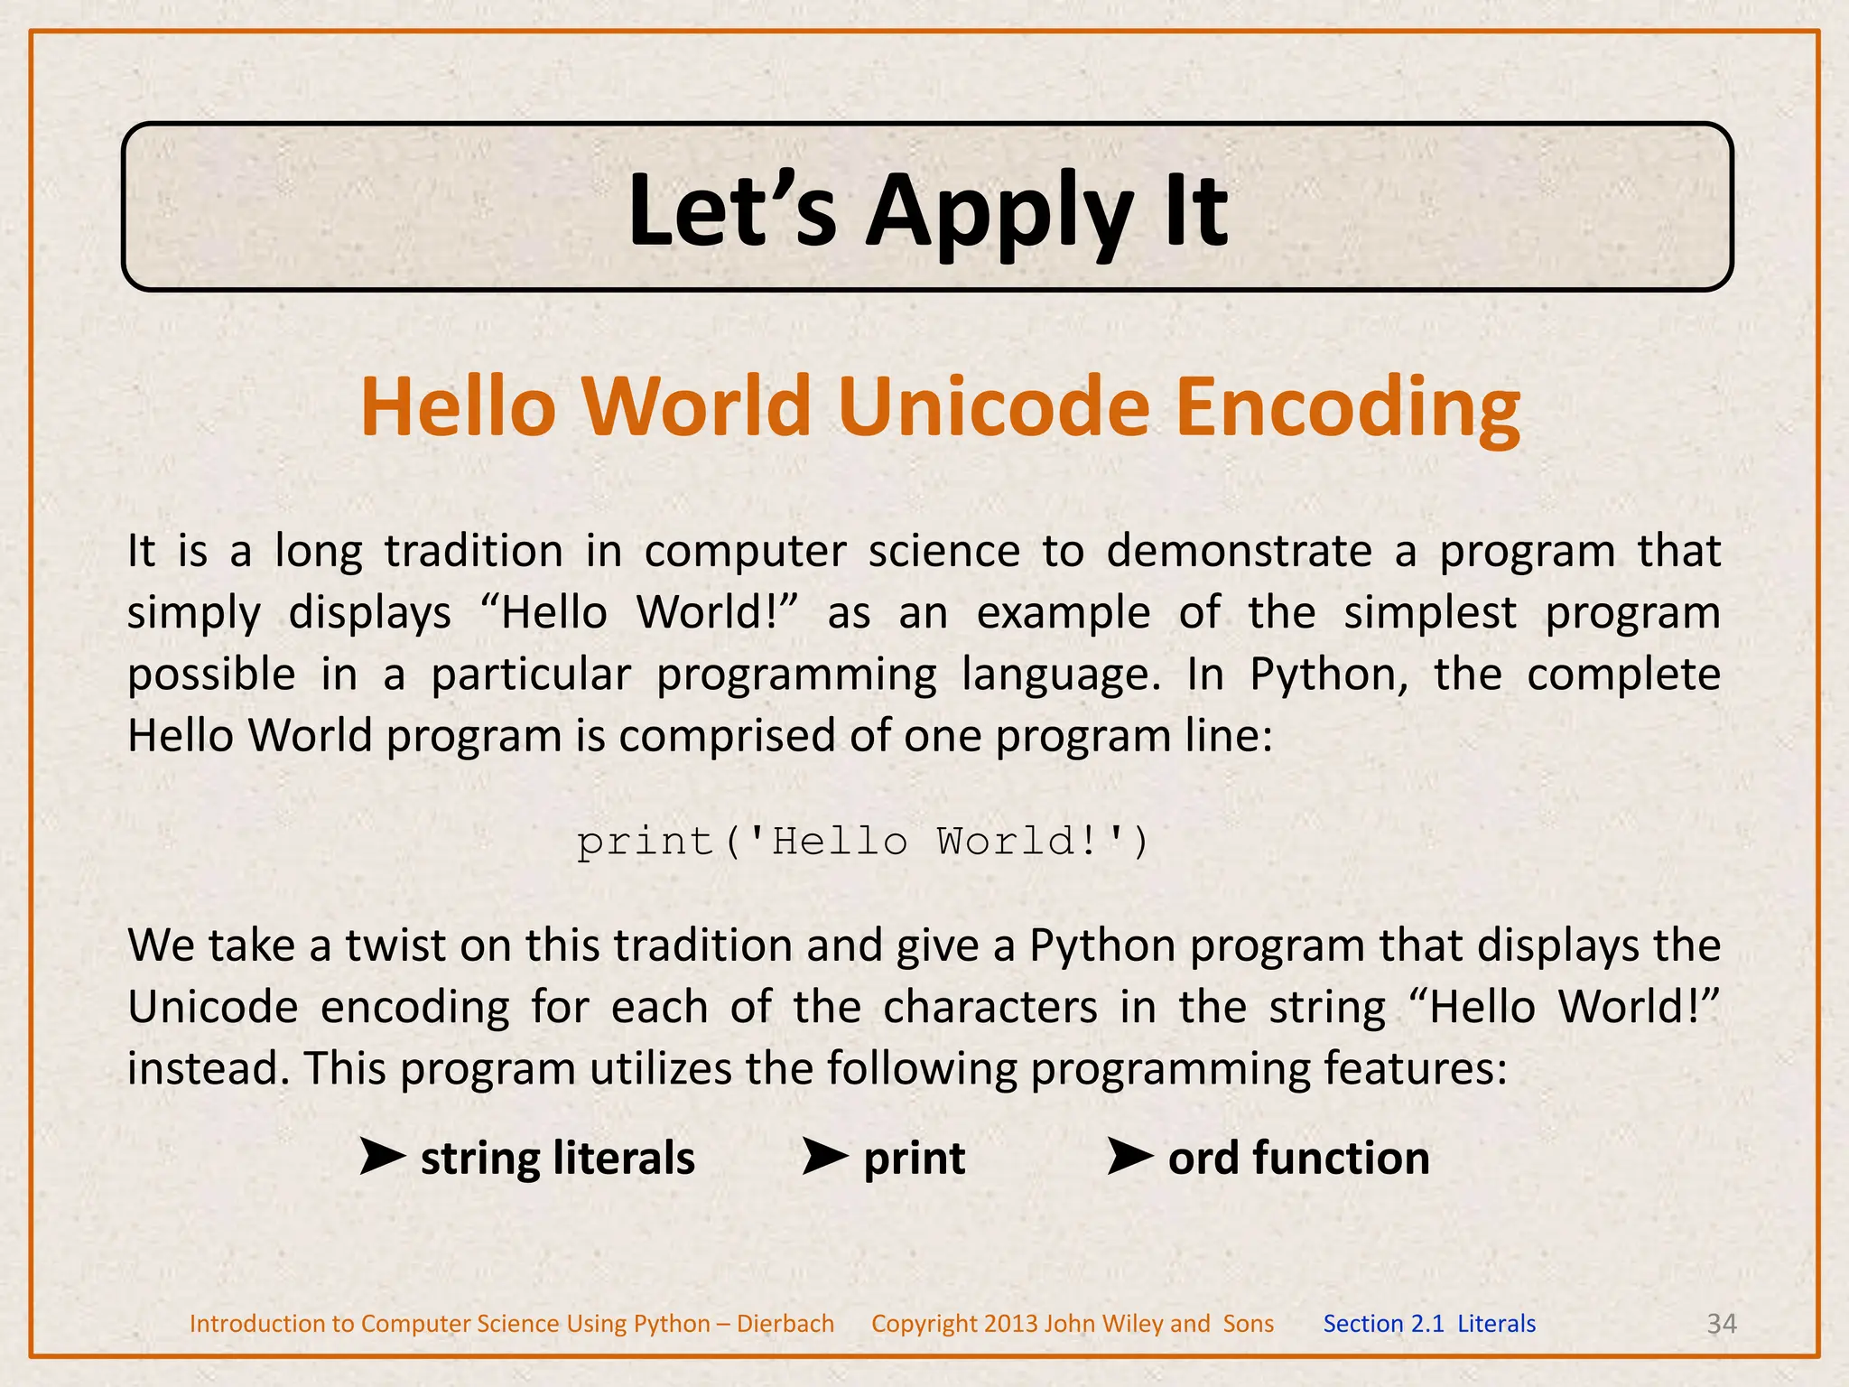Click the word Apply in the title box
pyautogui.click(x=999, y=213)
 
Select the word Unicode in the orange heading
pyautogui.click(x=993, y=406)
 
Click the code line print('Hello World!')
pyautogui.click(x=863, y=842)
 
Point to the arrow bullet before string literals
pyautogui.click(x=381, y=1157)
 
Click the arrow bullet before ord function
pyautogui.click(x=1129, y=1157)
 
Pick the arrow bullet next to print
pyautogui.click(x=824, y=1157)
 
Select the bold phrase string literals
pyautogui.click(x=558, y=1159)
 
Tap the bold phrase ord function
pyautogui.click(x=1298, y=1159)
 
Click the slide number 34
pyautogui.click(x=1722, y=1324)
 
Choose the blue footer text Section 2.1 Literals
pyautogui.click(x=1429, y=1324)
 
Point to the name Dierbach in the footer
pyautogui.click(x=785, y=1324)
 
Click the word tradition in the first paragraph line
pyautogui.click(x=474, y=551)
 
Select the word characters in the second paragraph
pyautogui.click(x=990, y=1007)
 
